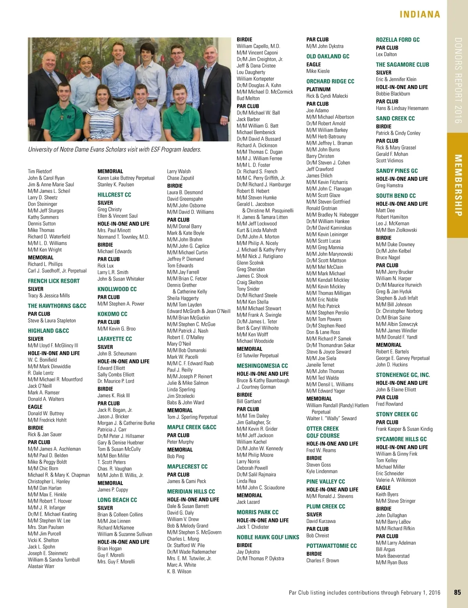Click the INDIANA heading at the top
[420, 14]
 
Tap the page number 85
[457, 592]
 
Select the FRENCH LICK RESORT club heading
[53, 281]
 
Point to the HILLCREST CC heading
[114, 195]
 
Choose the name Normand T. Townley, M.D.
[123, 237]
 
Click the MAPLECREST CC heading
[187, 467]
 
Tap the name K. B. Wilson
[179, 571]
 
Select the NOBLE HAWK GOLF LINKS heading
[268, 537]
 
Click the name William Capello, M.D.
[258, 46]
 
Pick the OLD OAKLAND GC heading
[328, 57]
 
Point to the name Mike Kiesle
[318, 71]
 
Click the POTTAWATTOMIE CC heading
[331, 546]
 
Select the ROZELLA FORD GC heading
[397, 40]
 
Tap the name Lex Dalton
[386, 54]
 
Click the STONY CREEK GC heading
[397, 414]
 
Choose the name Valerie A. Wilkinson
[396, 480]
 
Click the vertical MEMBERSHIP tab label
[458, 185]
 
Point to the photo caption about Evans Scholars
[115, 149]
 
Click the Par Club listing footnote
[364, 592]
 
